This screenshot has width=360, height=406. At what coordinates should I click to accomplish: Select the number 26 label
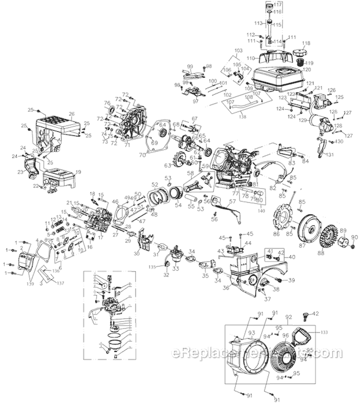tap(71, 114)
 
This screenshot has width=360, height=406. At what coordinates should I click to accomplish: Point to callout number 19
tap(78, 171)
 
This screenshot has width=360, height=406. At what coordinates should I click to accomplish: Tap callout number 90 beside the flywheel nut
tap(355, 237)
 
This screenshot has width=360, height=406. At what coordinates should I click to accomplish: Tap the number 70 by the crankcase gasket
tap(142, 155)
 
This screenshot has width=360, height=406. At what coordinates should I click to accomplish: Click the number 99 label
tap(190, 66)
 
